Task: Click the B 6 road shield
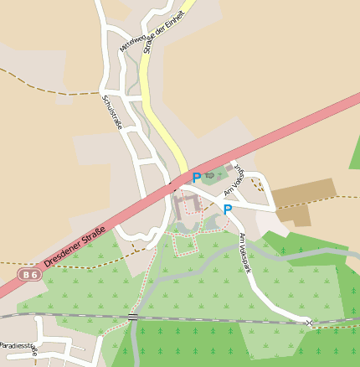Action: (29, 274)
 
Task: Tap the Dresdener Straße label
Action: (75, 247)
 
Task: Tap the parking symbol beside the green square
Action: (197, 178)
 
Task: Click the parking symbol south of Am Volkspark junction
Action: (227, 209)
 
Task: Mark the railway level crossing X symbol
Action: (309, 323)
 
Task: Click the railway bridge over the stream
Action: (133, 317)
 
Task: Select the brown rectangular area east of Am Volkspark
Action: (302, 199)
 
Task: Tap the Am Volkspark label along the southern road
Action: (245, 252)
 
